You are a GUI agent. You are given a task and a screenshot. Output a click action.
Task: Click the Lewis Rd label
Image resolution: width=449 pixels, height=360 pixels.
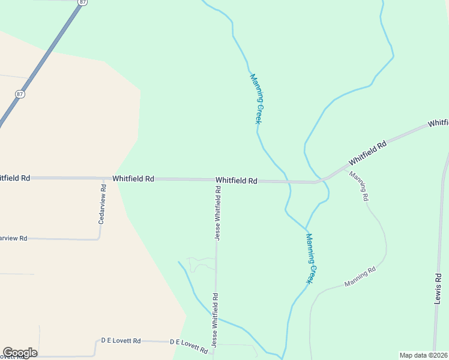tap(438, 289)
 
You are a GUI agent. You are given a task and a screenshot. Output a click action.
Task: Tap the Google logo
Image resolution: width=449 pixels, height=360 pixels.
tap(20, 353)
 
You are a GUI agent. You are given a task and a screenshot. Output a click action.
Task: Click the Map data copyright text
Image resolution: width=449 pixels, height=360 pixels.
tap(424, 355)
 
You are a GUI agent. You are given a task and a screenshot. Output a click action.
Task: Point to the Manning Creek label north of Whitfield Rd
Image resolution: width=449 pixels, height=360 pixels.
tap(256, 98)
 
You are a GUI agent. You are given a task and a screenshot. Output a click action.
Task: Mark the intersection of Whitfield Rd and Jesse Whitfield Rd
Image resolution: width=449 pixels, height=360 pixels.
tap(217, 180)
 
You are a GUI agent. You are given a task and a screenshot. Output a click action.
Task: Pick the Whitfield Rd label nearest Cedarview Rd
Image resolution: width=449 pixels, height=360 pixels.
tap(133, 179)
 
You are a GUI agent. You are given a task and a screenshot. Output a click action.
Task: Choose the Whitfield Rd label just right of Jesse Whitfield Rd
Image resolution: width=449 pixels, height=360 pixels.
tap(237, 180)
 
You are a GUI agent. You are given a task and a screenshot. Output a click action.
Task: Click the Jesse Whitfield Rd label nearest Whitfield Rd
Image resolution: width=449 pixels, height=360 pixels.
tap(218, 213)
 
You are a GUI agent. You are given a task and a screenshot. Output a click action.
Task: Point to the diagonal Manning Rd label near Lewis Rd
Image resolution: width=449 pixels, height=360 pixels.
tap(360, 277)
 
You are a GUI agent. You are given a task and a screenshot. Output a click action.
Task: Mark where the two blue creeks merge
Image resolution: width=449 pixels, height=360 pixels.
tap(306, 229)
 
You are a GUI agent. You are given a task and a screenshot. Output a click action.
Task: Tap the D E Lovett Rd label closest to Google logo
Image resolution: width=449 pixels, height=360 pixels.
tap(121, 341)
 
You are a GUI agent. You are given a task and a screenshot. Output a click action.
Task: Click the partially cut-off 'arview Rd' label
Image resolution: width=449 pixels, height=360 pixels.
tap(13, 238)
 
